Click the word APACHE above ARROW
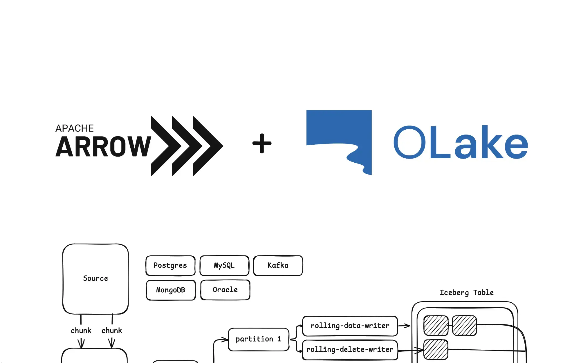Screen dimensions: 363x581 coord(75,128)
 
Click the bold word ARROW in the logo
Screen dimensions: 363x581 coord(103,147)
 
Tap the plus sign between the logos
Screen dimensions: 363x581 coord(262,143)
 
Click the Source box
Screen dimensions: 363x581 coord(95,279)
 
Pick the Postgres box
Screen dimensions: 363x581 coord(170,266)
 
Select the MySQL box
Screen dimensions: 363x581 coord(224,266)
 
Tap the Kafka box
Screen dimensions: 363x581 coord(278,266)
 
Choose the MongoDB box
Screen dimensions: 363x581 coord(171,290)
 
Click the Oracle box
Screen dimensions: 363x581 coord(225,290)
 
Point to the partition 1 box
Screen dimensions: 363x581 coord(259,339)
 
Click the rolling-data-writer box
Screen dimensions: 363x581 coord(350,326)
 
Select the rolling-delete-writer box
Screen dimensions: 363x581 coord(350,350)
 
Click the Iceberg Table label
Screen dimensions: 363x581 coord(467,293)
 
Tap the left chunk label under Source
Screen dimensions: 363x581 coord(81,331)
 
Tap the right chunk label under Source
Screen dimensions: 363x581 coord(112,331)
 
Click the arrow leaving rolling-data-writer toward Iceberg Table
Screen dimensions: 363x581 coord(404,326)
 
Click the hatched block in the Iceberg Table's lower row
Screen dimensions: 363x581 coord(436,350)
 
